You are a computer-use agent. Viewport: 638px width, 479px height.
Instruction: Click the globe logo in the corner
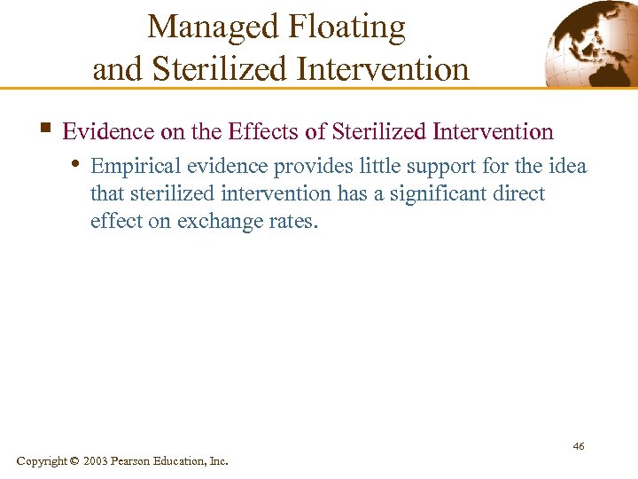(589, 43)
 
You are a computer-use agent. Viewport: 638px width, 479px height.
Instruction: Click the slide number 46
(578, 446)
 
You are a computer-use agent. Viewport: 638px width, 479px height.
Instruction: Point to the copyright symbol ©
(74, 461)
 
